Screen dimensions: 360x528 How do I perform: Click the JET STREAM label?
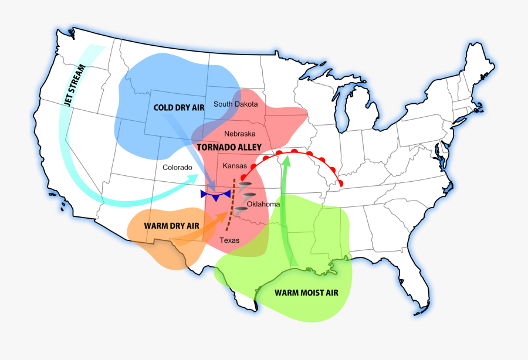tap(76, 84)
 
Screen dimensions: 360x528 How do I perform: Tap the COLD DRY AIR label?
tap(178, 107)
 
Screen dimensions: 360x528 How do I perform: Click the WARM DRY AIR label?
tap(171, 225)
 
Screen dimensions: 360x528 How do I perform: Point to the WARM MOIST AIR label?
tap(306, 293)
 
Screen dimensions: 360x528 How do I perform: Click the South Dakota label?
tap(235, 104)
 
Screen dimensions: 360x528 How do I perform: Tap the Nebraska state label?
tap(240, 133)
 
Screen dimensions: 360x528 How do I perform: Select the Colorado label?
tap(178, 167)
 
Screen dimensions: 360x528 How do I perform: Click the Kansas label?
tap(235, 166)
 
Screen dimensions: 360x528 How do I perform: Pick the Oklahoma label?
tap(263, 204)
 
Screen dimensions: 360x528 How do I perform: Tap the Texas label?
tap(229, 240)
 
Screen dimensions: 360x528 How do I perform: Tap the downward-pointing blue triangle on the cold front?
tap(216, 198)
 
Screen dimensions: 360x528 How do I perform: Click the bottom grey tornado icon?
tap(241, 208)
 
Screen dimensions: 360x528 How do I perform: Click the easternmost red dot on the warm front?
tap(341, 185)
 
